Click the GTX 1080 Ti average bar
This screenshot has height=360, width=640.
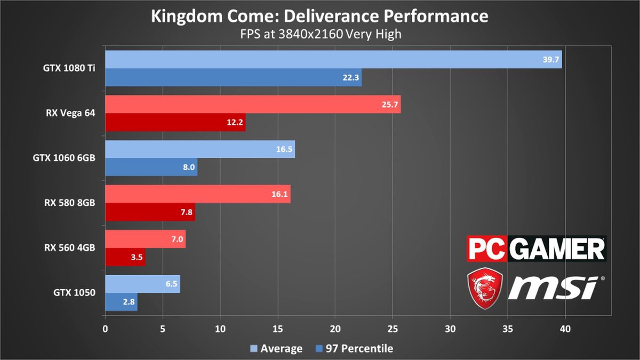pyautogui.click(x=333, y=60)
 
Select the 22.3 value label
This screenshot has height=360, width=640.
pyautogui.click(x=351, y=78)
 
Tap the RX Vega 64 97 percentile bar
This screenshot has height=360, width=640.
pyautogui.click(x=175, y=123)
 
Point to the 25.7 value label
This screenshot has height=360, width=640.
pyautogui.click(x=390, y=105)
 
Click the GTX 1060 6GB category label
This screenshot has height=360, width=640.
pyautogui.click(x=70, y=158)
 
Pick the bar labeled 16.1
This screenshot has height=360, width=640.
pyautogui.click(x=197, y=194)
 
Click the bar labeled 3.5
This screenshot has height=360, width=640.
pyautogui.click(x=125, y=257)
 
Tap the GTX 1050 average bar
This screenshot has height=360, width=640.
pyautogui.click(x=142, y=284)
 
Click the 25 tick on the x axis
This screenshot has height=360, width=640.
pyautogui.click(x=393, y=329)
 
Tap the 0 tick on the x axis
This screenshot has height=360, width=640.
pyautogui.click(x=105, y=329)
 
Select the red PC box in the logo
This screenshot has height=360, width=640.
pyautogui.click(x=486, y=249)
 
